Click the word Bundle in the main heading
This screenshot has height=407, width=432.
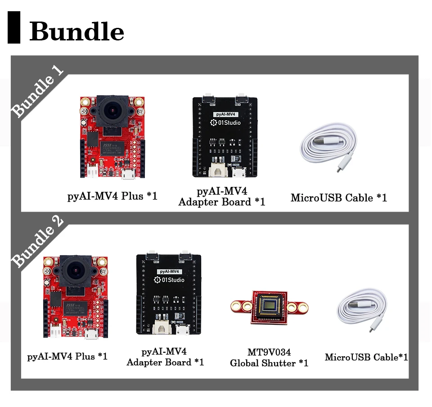(x=76, y=31)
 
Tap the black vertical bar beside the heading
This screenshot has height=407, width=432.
(x=14, y=28)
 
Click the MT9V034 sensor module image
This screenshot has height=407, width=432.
(x=269, y=306)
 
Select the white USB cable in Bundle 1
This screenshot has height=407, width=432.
(x=329, y=148)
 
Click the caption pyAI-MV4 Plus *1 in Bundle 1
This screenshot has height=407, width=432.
(x=112, y=196)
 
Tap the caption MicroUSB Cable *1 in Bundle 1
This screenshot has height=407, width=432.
(x=338, y=198)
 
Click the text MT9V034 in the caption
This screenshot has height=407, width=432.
(x=269, y=352)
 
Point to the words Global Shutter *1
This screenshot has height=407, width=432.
(x=269, y=363)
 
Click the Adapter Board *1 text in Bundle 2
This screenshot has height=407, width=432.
(x=165, y=362)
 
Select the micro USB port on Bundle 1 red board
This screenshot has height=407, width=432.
(x=128, y=175)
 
